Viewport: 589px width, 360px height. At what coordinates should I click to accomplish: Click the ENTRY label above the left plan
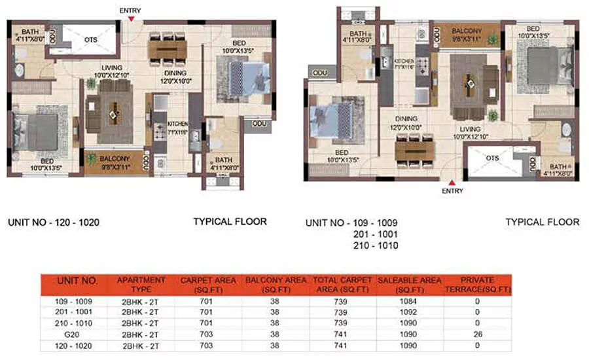pyautogui.click(x=131, y=10)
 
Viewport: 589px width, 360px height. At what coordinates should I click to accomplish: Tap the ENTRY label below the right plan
pyautogui.click(x=452, y=191)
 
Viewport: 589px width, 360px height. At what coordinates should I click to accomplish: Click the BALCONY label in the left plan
pyautogui.click(x=116, y=158)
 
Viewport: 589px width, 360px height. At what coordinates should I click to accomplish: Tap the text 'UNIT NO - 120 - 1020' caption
pyautogui.click(x=54, y=222)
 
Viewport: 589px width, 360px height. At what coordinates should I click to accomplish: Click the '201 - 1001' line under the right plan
pyautogui.click(x=378, y=234)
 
